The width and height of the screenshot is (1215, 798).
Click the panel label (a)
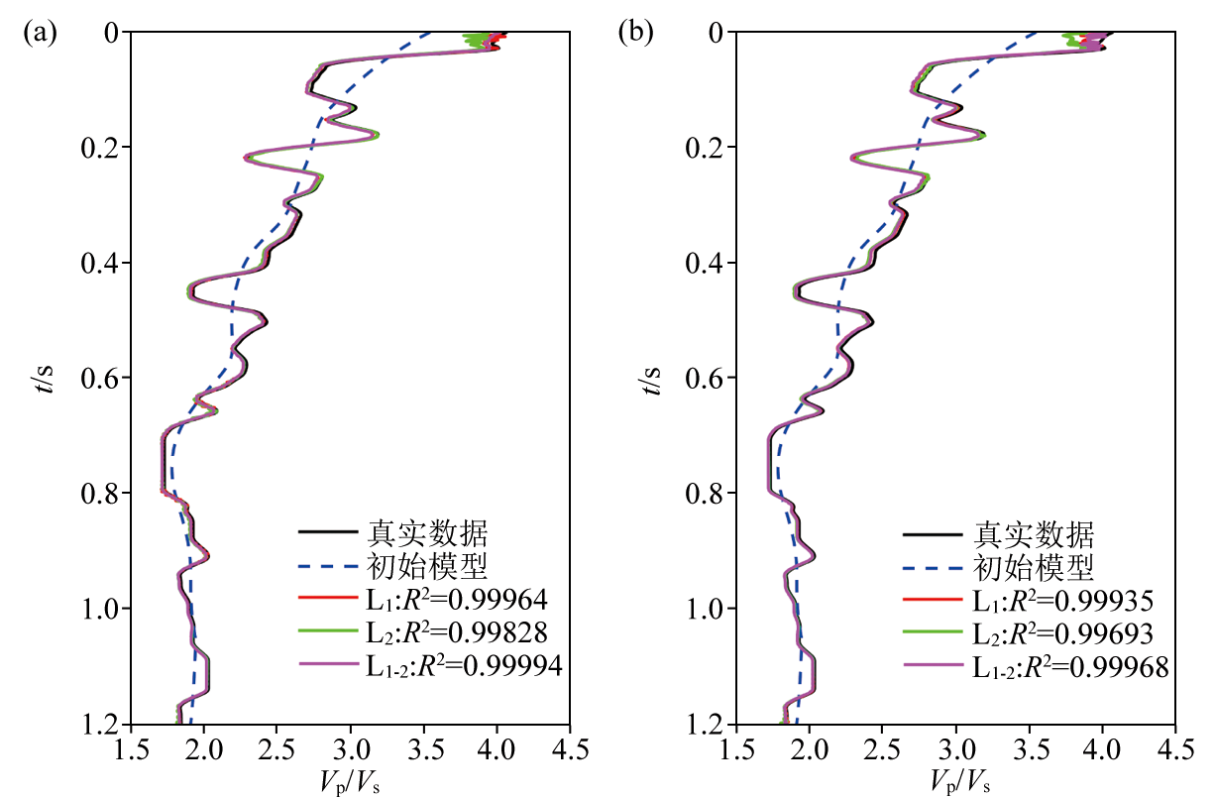(41, 33)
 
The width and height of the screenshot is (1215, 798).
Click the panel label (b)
(635, 33)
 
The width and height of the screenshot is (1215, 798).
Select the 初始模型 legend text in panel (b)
(1034, 567)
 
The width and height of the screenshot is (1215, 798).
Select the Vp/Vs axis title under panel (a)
(350, 779)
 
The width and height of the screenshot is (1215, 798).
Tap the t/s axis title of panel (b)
(649, 378)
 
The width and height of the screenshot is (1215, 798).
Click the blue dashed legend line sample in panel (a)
(327, 567)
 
